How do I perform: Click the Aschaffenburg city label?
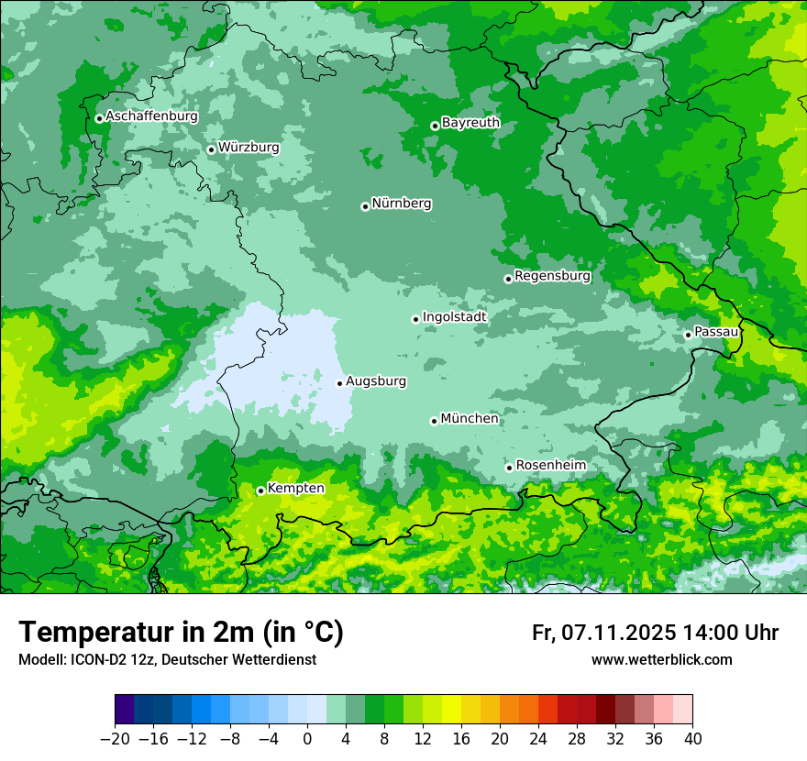(x=151, y=116)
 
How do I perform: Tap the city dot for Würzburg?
(x=211, y=149)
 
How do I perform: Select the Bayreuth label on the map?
(x=470, y=122)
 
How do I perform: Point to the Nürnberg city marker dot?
(x=365, y=206)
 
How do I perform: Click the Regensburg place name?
(x=552, y=275)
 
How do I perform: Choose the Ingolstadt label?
(x=454, y=316)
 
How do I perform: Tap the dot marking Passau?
(x=688, y=335)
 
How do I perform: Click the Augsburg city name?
(x=376, y=380)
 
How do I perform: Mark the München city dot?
(x=434, y=421)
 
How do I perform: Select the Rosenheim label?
(x=550, y=465)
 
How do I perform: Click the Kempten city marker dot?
(x=260, y=491)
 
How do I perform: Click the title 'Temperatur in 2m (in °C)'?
(x=181, y=633)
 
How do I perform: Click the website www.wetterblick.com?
(x=661, y=659)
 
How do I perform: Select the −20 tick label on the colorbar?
(x=115, y=739)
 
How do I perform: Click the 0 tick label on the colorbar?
(x=307, y=739)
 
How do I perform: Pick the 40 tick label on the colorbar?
(x=692, y=739)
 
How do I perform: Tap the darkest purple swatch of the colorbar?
(x=125, y=710)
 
